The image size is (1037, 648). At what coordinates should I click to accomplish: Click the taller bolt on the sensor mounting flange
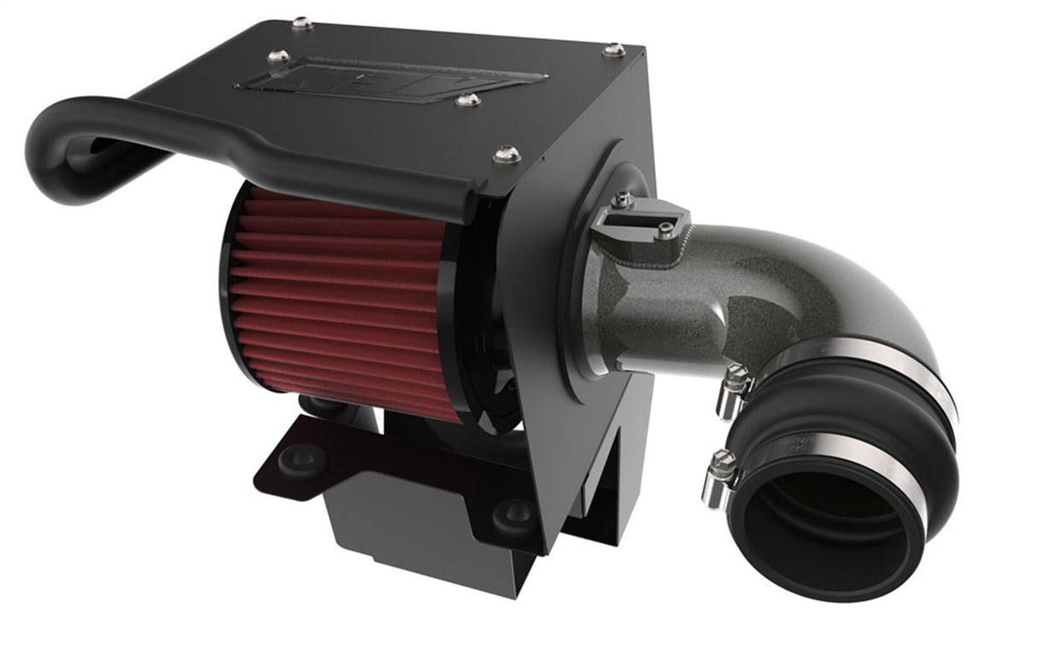[624, 200]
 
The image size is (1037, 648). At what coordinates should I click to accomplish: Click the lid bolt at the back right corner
[613, 50]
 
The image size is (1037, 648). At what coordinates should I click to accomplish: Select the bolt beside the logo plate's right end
[467, 101]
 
